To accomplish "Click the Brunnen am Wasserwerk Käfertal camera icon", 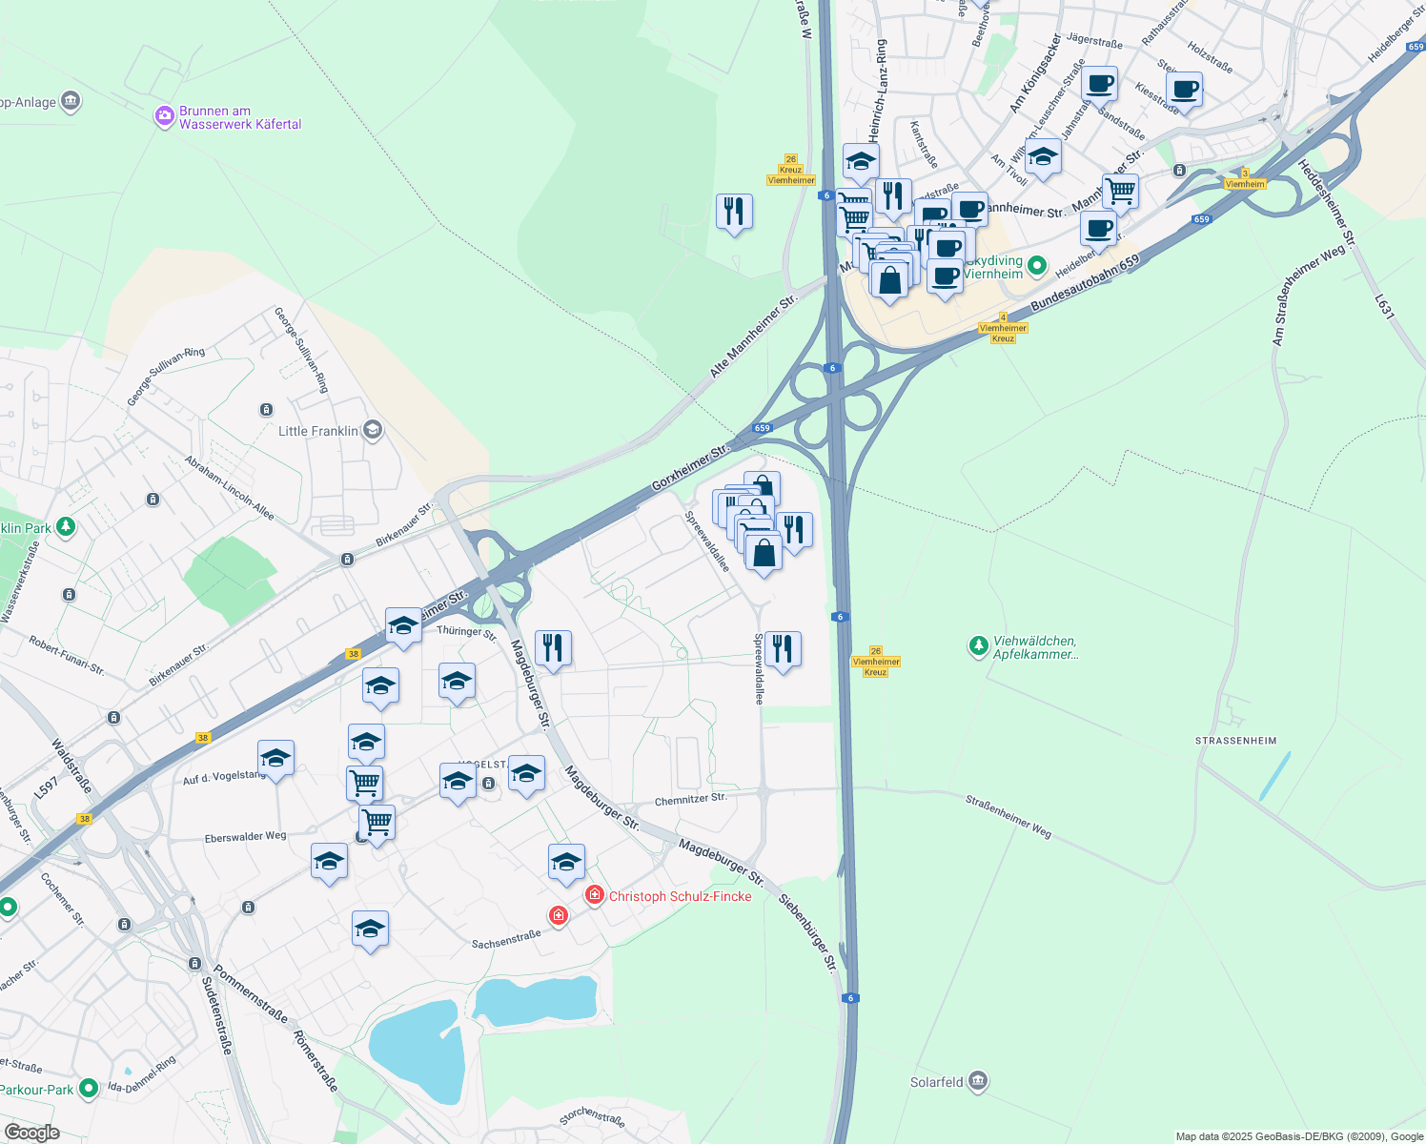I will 165,117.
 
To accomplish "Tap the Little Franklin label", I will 318,431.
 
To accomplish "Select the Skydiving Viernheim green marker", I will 1038,266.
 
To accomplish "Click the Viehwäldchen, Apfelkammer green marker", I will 978,646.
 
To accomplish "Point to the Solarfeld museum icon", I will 977,1081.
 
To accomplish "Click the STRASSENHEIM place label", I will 1235,741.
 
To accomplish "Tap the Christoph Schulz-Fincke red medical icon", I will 595,894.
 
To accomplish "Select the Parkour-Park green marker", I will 89,1088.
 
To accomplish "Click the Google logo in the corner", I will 31,1133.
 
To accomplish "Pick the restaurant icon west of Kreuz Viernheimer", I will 734,211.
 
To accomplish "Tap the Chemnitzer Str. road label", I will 690,799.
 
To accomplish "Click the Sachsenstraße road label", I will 506,940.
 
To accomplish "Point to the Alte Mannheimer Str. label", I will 753,337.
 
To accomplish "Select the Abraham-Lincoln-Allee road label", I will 230,487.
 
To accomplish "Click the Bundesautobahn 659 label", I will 1085,282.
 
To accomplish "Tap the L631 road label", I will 1384,306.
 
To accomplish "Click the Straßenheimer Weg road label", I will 1008,817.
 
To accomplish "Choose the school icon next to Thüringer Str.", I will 403,625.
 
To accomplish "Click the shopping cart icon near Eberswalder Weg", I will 377,821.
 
